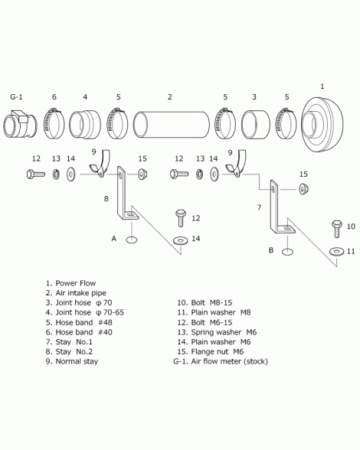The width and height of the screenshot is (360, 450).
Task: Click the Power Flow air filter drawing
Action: pyautogui.click(x=322, y=125)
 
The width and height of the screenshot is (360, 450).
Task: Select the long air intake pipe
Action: pyautogui.click(x=172, y=125)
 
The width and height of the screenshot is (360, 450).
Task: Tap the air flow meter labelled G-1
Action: pyautogui.click(x=20, y=124)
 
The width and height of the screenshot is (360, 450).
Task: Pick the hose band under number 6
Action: pyautogui.click(x=54, y=123)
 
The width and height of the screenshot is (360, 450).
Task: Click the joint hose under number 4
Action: pyautogui.click(x=85, y=125)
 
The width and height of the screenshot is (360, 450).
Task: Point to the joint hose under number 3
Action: pyautogui.click(x=256, y=125)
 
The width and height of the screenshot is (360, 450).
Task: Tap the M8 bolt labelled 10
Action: pyautogui.click(x=337, y=229)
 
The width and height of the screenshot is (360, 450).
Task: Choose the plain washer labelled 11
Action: pyautogui.click(x=336, y=252)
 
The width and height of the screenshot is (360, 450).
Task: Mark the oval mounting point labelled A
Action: pyautogui.click(x=131, y=240)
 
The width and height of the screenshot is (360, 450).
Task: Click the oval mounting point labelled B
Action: pyautogui.click(x=287, y=252)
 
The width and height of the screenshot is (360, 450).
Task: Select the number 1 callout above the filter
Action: pyautogui.click(x=322, y=86)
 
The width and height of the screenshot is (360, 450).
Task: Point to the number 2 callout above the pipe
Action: pyautogui.click(x=170, y=97)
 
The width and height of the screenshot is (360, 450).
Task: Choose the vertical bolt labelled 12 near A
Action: pyautogui.click(x=181, y=218)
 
